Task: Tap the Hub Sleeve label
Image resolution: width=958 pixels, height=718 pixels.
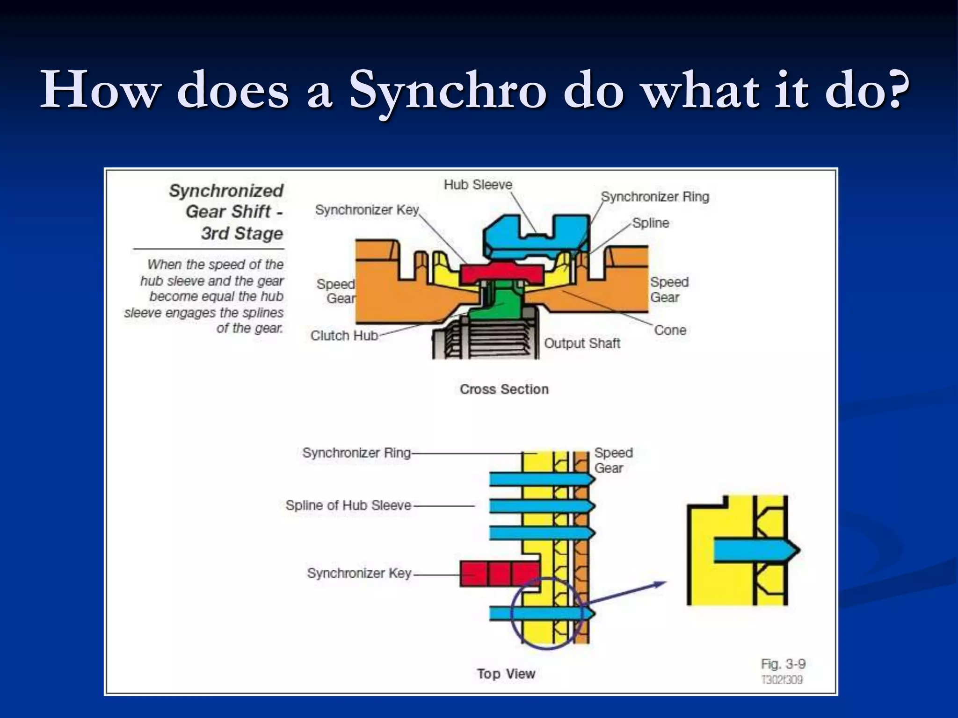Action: (478, 185)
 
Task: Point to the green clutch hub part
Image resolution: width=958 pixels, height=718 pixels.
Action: (498, 304)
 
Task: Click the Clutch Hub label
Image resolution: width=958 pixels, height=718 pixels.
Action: (344, 336)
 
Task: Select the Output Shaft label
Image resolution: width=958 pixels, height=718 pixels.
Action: (581, 343)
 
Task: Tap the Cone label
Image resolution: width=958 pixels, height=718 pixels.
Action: (670, 330)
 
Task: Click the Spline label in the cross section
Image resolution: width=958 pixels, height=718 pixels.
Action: (650, 223)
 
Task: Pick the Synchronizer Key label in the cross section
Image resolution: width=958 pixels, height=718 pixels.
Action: (367, 210)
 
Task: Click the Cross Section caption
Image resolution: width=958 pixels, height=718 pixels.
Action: (504, 389)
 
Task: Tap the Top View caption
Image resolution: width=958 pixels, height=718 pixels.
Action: (506, 674)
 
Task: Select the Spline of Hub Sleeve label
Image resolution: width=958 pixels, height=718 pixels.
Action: (348, 505)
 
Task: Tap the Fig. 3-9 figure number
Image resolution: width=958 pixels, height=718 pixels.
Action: (783, 664)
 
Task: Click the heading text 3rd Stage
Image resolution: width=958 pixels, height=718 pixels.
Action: (242, 233)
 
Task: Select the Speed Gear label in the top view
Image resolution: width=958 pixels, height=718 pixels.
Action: (613, 460)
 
